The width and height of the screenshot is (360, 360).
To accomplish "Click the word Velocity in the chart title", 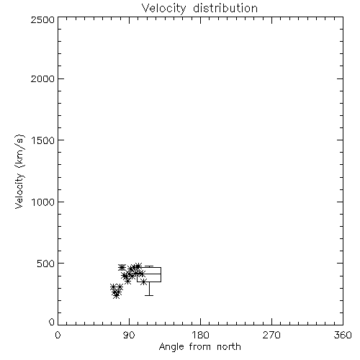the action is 163,9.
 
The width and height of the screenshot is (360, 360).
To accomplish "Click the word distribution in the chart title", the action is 225,8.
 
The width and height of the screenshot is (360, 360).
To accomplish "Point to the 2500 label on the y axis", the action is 42,19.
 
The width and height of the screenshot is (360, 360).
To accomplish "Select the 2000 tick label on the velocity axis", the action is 42,79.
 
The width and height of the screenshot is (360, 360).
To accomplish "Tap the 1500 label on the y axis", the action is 43,140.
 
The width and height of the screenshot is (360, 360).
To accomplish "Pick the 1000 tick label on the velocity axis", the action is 43,202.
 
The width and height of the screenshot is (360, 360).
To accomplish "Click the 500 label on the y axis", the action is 45,264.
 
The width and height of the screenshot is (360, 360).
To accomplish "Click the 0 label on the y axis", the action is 52,322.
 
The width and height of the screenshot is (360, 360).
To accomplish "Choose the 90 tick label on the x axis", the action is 129,335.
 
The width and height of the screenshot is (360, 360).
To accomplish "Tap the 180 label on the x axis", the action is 200,335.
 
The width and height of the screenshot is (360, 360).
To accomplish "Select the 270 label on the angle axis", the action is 271,335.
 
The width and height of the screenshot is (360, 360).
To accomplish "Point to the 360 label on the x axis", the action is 343,335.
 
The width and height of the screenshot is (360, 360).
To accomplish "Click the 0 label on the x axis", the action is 58,335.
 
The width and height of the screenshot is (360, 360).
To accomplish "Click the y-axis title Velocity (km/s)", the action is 19,171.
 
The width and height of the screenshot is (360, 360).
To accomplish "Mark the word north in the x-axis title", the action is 229,346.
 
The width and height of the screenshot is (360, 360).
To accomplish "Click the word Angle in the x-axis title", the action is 171,347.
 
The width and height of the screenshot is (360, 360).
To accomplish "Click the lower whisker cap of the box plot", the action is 149,295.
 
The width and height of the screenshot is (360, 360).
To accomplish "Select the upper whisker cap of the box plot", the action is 149,266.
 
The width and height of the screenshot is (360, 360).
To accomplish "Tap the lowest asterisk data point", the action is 117,296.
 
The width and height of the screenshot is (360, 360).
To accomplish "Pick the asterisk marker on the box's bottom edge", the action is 143,282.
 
